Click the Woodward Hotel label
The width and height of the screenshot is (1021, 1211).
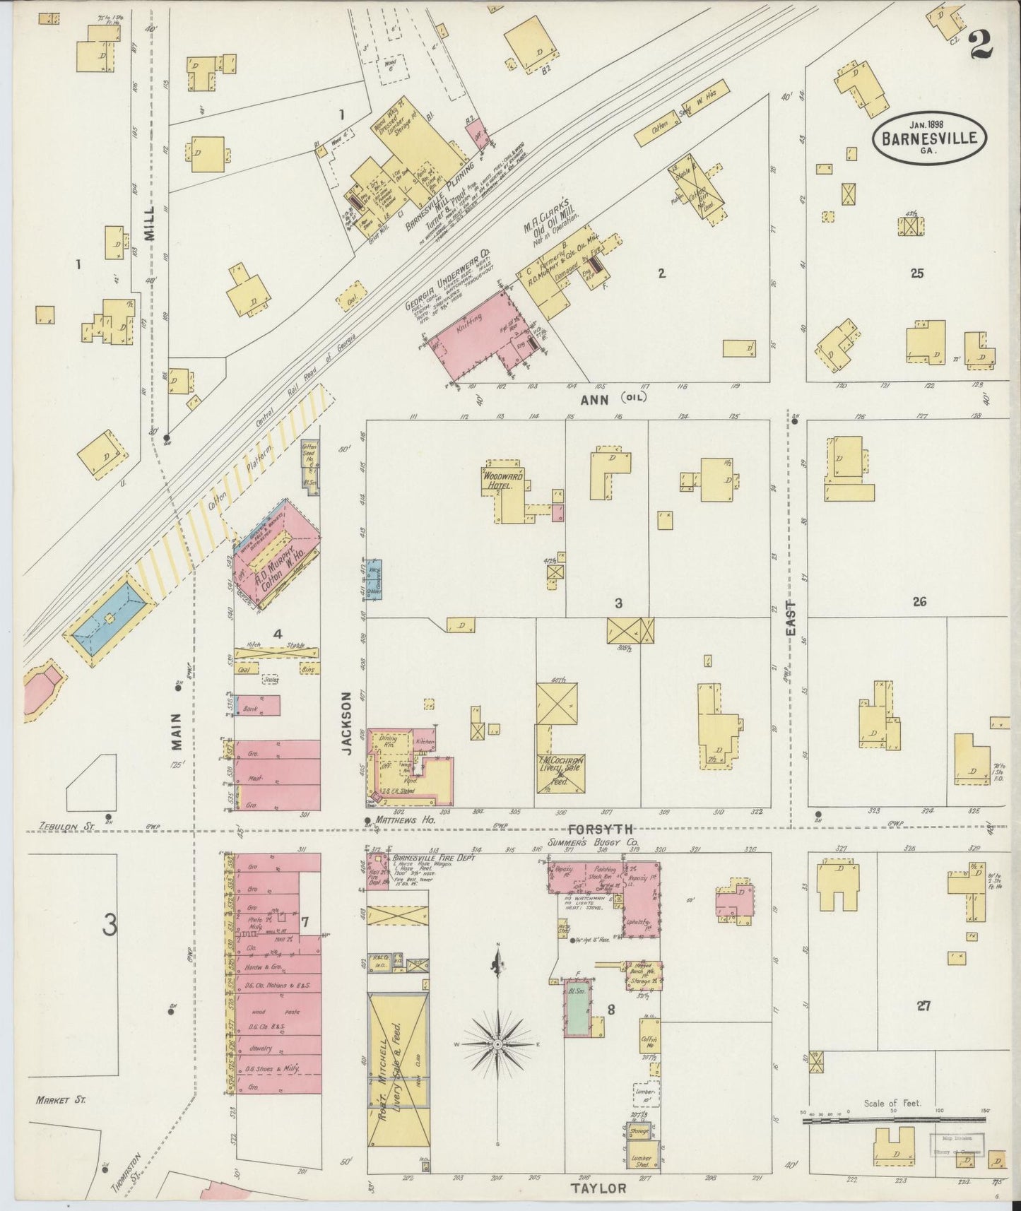tap(503, 480)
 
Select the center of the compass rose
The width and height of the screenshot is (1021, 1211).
tap(498, 1044)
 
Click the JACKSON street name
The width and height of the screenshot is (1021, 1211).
tap(347, 723)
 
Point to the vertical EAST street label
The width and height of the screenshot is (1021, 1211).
tap(791, 618)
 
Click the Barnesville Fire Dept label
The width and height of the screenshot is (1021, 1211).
tap(433, 857)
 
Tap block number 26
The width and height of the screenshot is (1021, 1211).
tap(919, 602)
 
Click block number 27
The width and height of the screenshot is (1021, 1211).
tap(922, 1007)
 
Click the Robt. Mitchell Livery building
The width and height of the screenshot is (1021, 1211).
tap(398, 1067)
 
